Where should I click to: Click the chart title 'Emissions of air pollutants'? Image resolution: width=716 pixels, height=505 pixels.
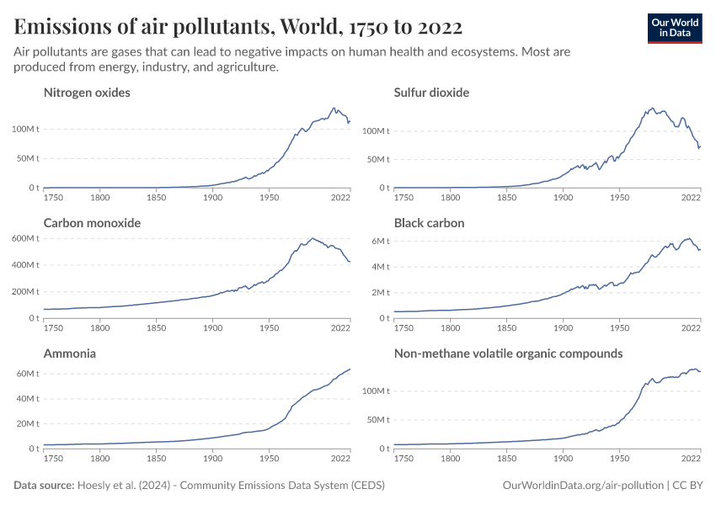pyautogui.click(x=238, y=27)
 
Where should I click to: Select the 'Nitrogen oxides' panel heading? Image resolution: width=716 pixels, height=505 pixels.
pyautogui.click(x=87, y=93)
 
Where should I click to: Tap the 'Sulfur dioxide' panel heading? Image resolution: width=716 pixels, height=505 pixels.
pyautogui.click(x=431, y=93)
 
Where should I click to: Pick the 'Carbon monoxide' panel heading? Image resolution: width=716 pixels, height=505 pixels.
pyautogui.click(x=92, y=223)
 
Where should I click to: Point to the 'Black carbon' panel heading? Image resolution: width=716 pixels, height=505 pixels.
pyautogui.click(x=429, y=223)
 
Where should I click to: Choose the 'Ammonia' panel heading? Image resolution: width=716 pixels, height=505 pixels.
pyautogui.click(x=69, y=353)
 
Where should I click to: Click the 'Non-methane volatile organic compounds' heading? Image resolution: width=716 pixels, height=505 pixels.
pyautogui.click(x=508, y=353)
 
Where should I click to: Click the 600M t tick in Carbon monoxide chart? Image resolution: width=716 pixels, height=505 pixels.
pyautogui.click(x=24, y=238)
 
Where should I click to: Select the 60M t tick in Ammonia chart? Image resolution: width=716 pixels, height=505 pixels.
pyautogui.click(x=27, y=373)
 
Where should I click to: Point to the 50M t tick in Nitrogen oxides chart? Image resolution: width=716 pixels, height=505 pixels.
pyautogui.click(x=27, y=158)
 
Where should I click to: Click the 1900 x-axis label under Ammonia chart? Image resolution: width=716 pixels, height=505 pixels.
pyautogui.click(x=212, y=460)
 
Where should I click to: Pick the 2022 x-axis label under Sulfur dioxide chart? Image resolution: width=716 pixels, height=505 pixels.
pyautogui.click(x=692, y=199)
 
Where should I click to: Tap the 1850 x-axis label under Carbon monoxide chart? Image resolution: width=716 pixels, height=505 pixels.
pyautogui.click(x=156, y=329)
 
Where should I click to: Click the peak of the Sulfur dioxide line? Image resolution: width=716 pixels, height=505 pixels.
pyautogui.click(x=653, y=109)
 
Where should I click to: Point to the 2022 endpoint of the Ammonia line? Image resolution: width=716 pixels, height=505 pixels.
pyautogui.click(x=350, y=369)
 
